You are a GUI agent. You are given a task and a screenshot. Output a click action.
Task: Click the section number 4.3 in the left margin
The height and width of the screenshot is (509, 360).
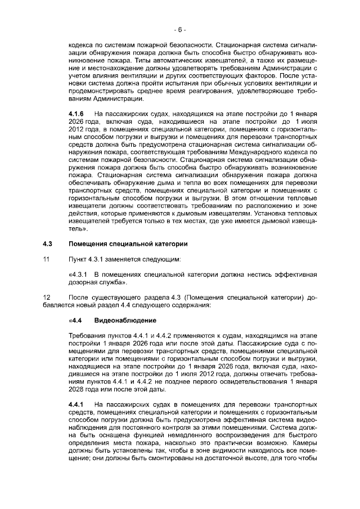(x=48, y=244)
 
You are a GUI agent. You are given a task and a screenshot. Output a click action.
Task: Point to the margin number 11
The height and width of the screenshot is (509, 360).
(x=47, y=259)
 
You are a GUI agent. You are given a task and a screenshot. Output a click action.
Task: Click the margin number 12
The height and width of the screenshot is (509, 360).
(x=47, y=297)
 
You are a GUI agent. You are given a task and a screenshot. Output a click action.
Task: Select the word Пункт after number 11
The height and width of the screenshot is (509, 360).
(x=78, y=259)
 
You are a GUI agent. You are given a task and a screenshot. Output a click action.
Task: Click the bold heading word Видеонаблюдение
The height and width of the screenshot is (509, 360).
(x=118, y=320)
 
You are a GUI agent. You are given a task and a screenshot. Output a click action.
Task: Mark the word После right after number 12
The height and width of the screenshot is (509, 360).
(x=79, y=297)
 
